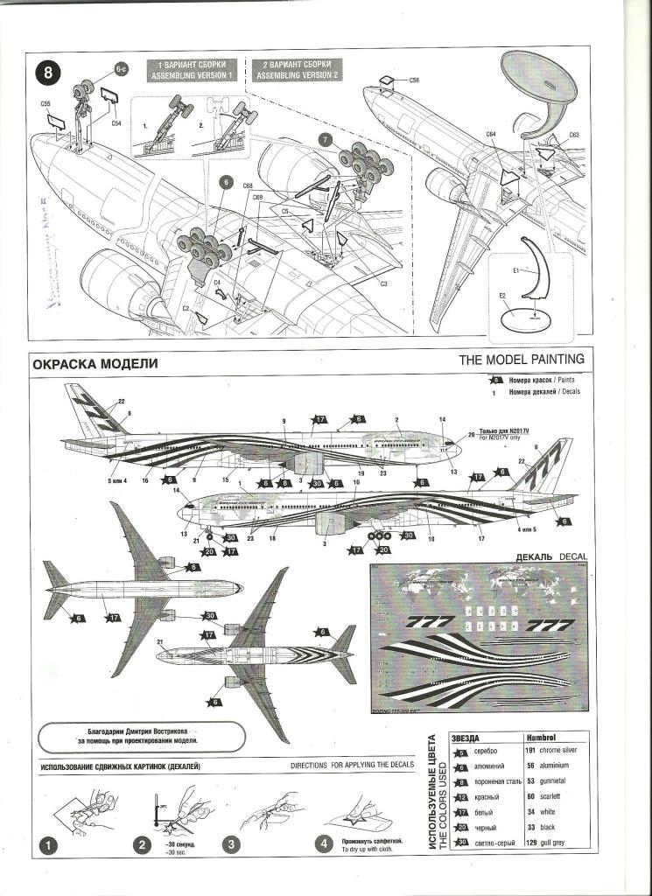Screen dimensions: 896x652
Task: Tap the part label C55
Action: (x=46, y=104)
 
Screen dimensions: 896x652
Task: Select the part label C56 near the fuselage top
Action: (x=414, y=80)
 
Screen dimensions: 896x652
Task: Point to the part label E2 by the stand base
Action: (x=501, y=296)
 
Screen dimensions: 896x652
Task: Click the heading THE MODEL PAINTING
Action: (x=522, y=359)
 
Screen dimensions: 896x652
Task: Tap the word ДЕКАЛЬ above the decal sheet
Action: (x=542, y=556)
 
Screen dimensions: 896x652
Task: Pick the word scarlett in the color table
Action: (x=549, y=797)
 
